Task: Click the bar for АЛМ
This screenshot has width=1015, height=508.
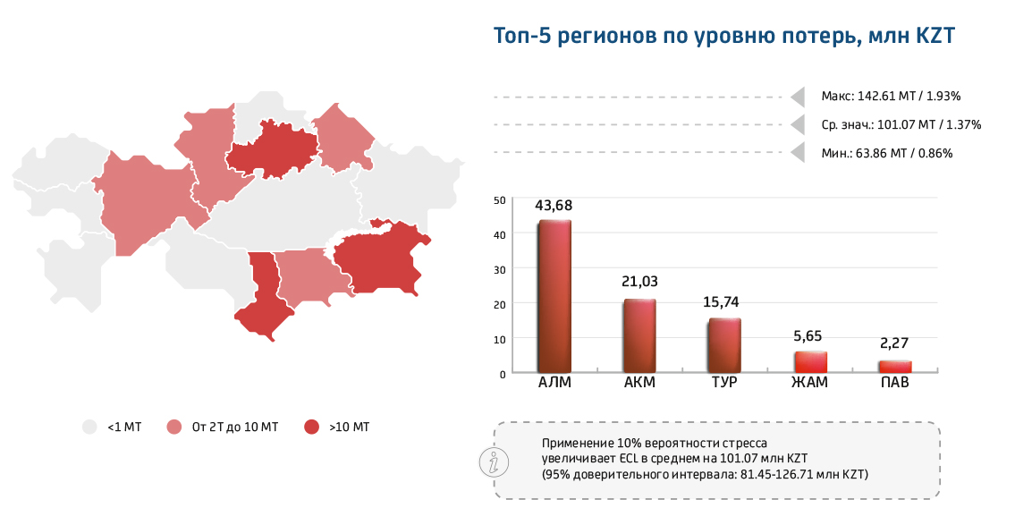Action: tap(554, 296)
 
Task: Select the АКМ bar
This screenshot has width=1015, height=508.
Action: tap(639, 335)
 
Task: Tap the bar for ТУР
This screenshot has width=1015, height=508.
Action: tap(724, 345)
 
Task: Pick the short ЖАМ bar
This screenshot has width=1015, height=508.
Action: tap(810, 362)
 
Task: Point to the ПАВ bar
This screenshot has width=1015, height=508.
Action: tap(895, 367)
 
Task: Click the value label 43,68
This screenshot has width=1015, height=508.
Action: tap(554, 206)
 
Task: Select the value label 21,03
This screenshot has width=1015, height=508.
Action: tap(639, 282)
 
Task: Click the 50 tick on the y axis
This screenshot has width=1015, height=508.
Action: tap(499, 200)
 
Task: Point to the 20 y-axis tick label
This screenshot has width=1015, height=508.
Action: tap(499, 304)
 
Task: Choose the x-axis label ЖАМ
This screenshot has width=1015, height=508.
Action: tap(810, 384)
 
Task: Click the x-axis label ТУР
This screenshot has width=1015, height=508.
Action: tap(724, 384)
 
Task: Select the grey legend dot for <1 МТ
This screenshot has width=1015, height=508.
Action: tap(89, 428)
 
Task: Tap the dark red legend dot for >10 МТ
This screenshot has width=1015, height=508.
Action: tap(311, 428)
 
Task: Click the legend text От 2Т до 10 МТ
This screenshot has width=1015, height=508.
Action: tap(234, 428)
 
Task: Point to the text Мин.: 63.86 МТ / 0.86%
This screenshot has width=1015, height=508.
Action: tap(886, 153)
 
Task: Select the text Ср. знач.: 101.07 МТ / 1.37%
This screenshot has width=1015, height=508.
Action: tap(901, 124)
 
